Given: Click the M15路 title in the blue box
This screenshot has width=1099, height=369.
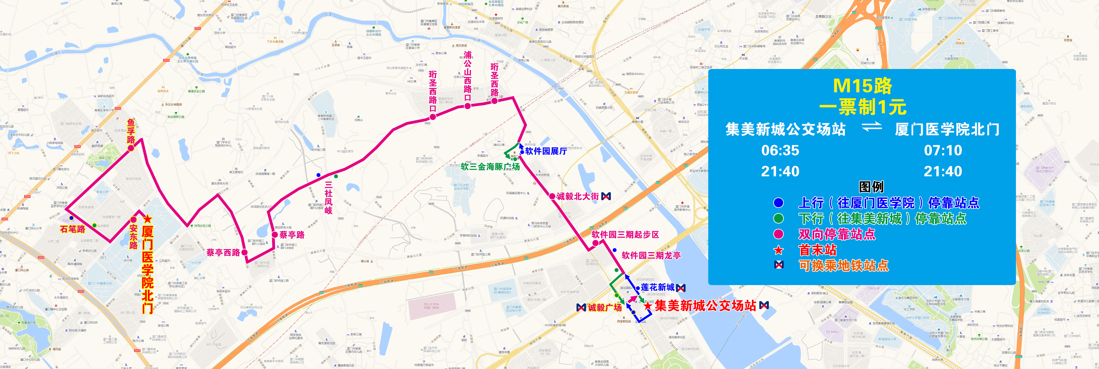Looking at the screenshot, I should (862, 86).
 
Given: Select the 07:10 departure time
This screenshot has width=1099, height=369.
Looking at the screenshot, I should (943, 151).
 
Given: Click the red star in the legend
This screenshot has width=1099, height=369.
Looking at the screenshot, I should (779, 250).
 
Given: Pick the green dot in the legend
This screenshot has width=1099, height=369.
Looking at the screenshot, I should (779, 218).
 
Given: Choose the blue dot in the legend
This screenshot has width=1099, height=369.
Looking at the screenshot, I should (779, 203).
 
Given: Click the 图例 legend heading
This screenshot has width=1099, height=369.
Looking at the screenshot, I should (871, 187).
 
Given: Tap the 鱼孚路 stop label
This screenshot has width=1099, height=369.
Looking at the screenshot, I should (131, 131).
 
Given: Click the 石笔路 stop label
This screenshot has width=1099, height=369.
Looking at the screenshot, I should (73, 229).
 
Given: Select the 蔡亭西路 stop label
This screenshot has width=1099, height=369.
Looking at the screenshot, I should (223, 253).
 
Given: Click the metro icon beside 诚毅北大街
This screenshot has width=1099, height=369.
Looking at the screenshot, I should (606, 196).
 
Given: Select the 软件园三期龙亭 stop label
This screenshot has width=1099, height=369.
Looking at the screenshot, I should (651, 256).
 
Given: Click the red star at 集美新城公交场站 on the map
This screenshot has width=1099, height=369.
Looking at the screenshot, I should (648, 306).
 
